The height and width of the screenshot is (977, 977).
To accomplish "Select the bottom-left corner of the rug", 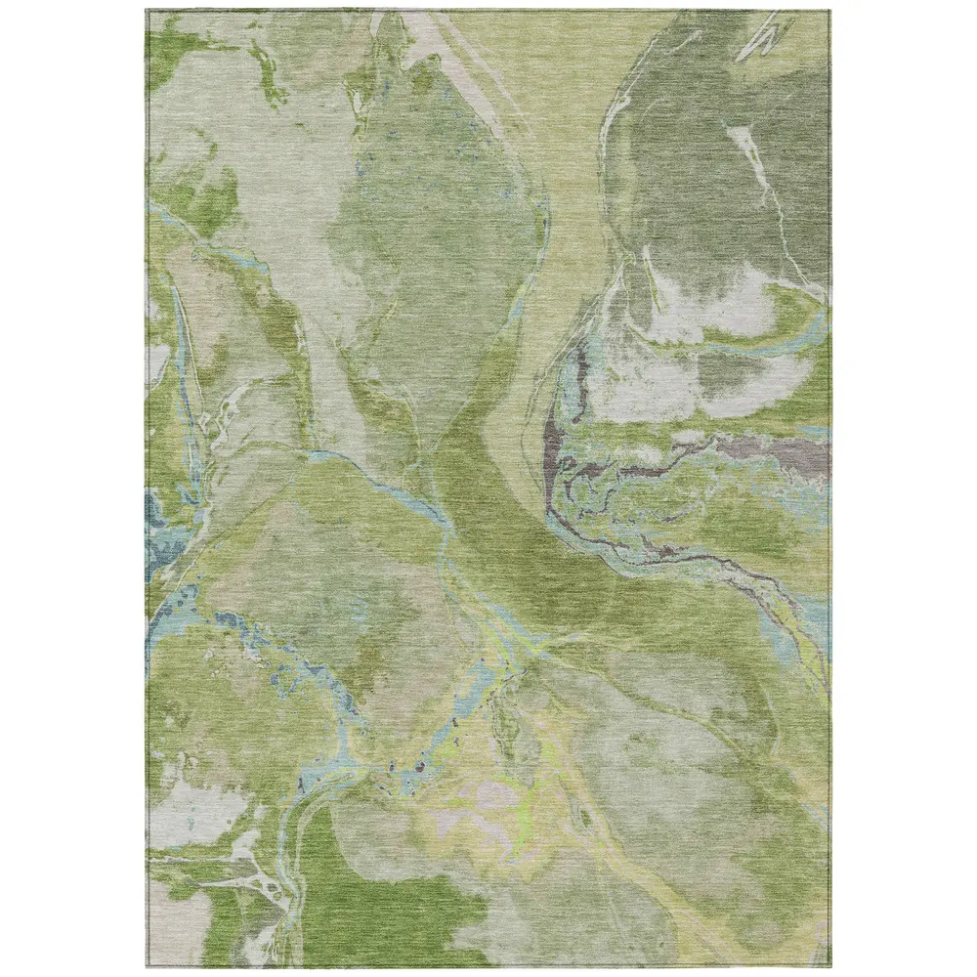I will click(x=148, y=966).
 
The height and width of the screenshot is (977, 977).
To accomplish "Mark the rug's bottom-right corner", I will click(x=829, y=966).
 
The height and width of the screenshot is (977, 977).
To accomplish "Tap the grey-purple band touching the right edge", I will click(x=782, y=451).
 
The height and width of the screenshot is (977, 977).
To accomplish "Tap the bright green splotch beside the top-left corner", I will click(x=171, y=44).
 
